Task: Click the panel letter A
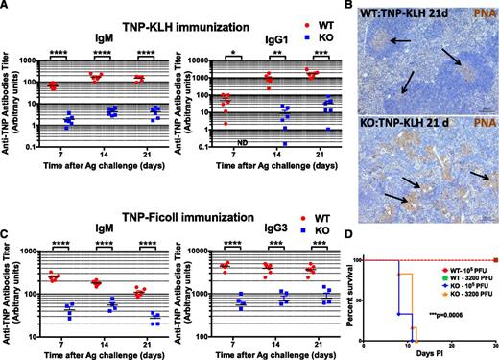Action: [6, 6]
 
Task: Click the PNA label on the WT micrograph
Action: [479, 14]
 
